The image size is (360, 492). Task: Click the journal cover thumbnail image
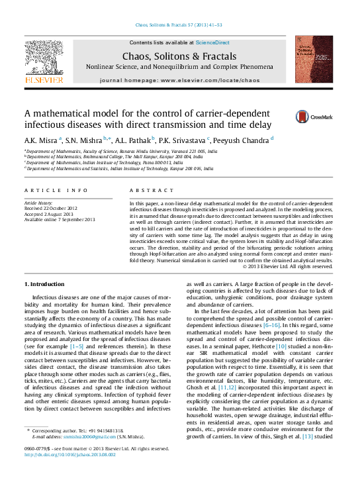coord(314,59)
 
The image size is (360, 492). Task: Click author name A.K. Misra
coord(41,140)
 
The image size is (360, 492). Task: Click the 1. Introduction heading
coord(44,284)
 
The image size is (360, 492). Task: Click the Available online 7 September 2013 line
coord(60,219)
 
